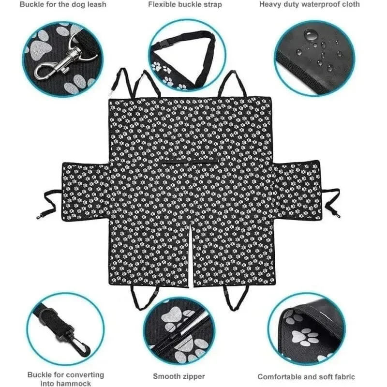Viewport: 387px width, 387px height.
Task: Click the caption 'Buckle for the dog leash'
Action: point(63,5)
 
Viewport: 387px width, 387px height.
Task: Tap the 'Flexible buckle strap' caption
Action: point(185,5)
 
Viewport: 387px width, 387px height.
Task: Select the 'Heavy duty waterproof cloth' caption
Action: point(310,4)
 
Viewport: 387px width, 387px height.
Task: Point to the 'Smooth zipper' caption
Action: point(179,376)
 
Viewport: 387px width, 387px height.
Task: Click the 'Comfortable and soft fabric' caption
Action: point(306,377)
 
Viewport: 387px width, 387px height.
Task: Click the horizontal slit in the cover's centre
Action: point(189,163)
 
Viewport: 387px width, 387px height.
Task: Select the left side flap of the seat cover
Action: point(85,191)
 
